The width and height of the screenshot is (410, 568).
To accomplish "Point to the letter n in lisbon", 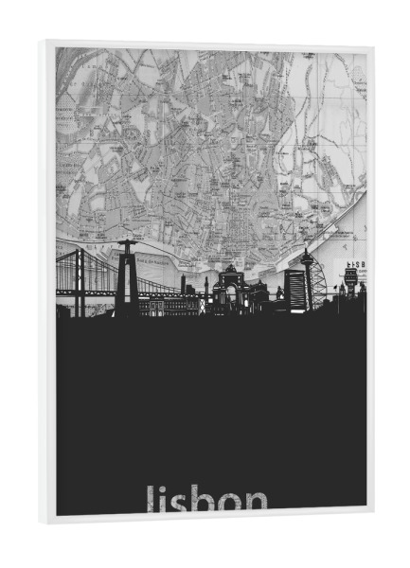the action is pyautogui.click(x=257, y=504).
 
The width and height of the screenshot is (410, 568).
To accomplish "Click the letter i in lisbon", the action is pyautogui.click(x=163, y=501).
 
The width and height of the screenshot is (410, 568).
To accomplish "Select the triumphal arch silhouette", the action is pyautogui.click(x=229, y=289).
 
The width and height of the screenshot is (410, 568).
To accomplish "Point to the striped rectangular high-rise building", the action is pyautogui.click(x=294, y=289).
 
